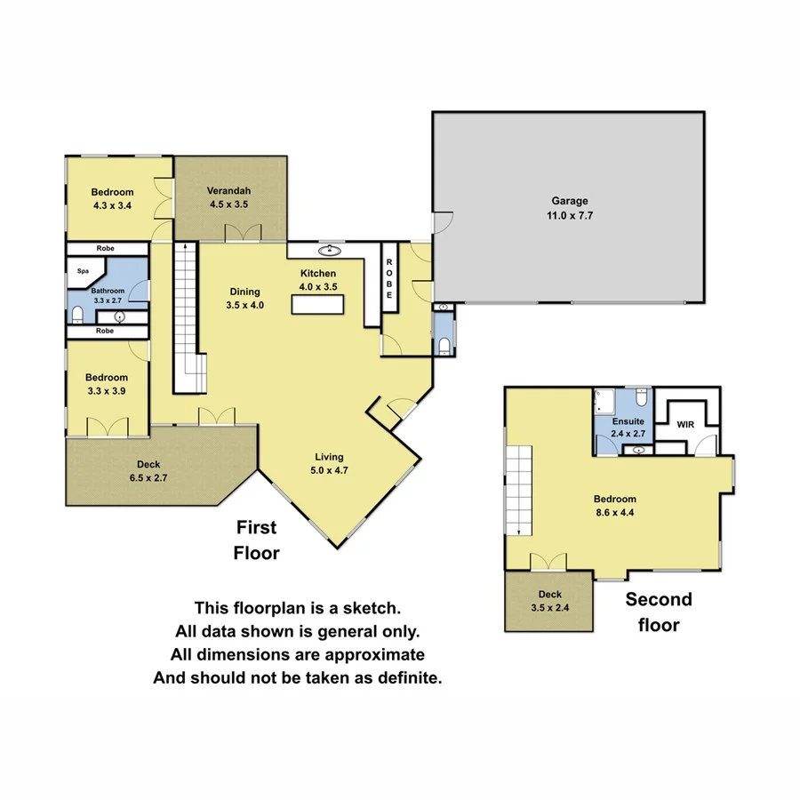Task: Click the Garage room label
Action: pos(568,201)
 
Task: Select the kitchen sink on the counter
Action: pos(331,250)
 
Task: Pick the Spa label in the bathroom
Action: pos(83,271)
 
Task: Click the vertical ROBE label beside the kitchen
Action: pos(389,278)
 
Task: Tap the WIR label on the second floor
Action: pos(685,426)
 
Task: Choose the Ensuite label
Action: pos(628,421)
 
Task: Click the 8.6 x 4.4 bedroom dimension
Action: pos(616,512)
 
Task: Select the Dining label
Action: pos(244,292)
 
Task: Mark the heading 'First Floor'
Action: pos(257,540)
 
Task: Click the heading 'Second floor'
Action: pos(658,612)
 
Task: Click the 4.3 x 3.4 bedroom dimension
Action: pos(112,204)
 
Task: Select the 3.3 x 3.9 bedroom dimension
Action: pos(107,390)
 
